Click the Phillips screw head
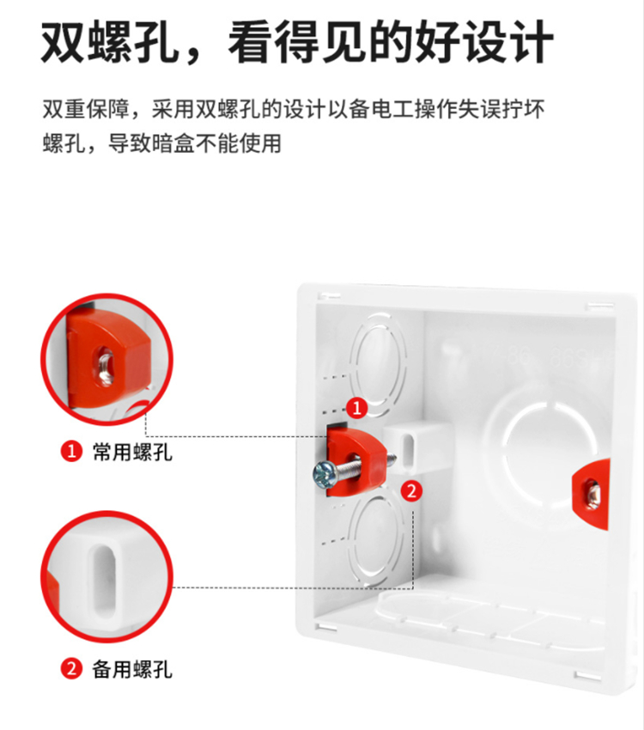tap(323, 475)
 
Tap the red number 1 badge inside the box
tap(357, 408)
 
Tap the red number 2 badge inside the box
tap(411, 490)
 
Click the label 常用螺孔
tap(132, 452)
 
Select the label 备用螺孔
tap(132, 669)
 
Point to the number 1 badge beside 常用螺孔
tap(71, 451)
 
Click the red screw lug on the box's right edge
tap(591, 495)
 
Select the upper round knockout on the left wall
tap(378, 364)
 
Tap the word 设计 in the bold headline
tap(508, 42)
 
